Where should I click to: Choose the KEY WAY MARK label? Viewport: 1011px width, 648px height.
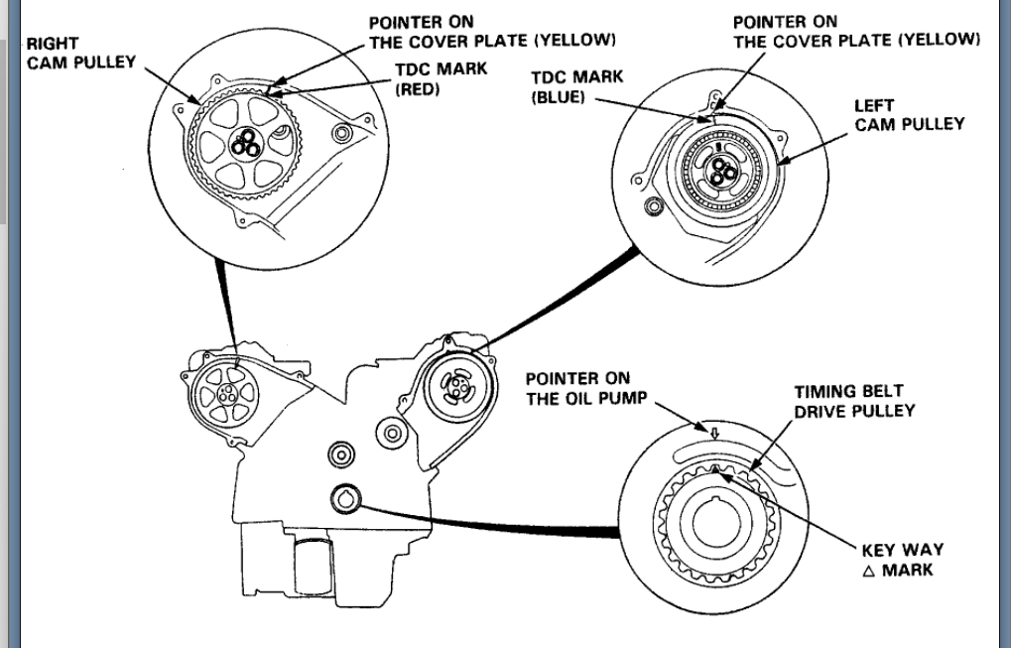(x=902, y=560)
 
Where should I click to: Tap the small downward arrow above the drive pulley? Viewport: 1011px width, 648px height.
(x=712, y=434)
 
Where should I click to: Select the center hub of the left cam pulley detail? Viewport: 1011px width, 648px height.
(x=717, y=173)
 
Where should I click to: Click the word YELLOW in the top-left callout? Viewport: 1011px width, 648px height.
(x=577, y=41)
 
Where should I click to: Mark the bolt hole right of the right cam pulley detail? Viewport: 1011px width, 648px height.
(x=343, y=134)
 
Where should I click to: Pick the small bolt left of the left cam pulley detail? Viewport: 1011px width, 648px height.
(x=654, y=205)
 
